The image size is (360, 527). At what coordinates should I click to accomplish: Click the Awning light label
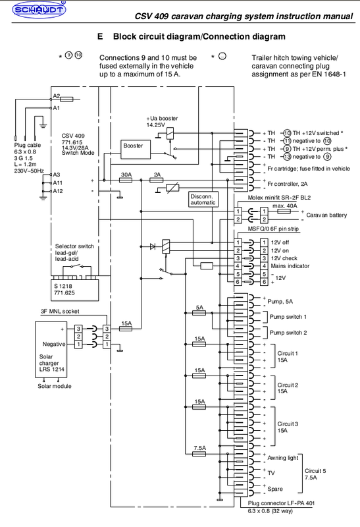284,457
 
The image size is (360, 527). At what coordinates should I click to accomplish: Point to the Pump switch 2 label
288,332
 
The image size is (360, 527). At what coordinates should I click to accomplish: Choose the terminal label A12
58,191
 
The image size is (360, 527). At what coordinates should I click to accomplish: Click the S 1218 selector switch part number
66,287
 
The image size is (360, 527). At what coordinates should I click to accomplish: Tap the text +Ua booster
162,117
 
